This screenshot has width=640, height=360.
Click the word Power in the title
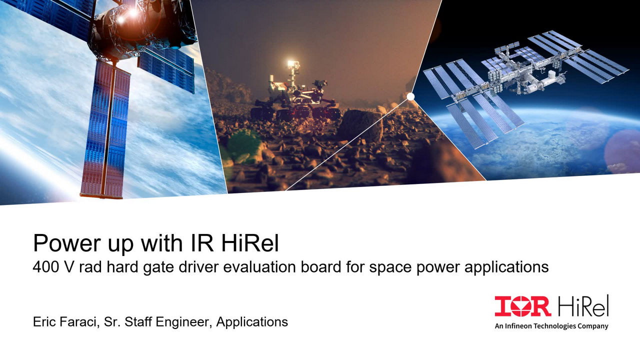click(x=67, y=243)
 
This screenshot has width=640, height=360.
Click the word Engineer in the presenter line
click(x=183, y=322)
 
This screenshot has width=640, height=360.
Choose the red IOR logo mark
click(x=522, y=306)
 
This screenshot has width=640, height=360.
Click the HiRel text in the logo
click(x=583, y=305)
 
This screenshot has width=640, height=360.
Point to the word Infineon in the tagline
click(x=518, y=326)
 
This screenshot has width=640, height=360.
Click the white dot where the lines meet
click(x=410, y=96)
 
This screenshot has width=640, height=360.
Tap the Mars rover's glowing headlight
click(x=291, y=63)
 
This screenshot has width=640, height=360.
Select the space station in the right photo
click(x=525, y=85)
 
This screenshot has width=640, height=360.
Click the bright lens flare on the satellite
click(x=133, y=12)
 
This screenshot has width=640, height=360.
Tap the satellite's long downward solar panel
click(x=105, y=128)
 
